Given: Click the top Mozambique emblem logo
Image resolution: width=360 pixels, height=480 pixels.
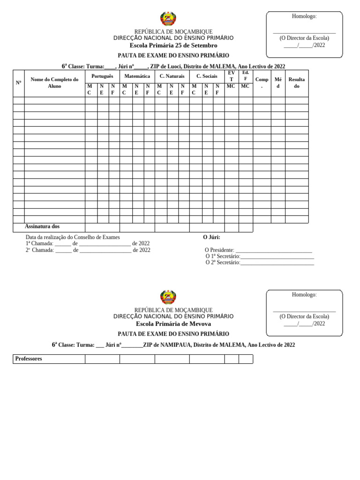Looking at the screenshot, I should (x=168, y=19).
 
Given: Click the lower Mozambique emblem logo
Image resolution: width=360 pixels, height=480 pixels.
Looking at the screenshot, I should (x=168, y=297).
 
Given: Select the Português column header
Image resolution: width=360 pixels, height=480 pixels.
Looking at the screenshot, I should (x=102, y=76).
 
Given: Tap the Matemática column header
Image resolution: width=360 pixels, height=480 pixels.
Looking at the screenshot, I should (x=137, y=76).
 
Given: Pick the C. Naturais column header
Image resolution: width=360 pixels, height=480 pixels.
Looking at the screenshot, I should (x=172, y=76).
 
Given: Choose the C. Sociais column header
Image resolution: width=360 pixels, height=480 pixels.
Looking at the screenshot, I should (x=207, y=76).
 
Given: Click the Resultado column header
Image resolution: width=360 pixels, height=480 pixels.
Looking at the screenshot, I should (x=296, y=82).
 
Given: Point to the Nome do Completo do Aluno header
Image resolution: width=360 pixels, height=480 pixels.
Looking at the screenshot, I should (x=54, y=82).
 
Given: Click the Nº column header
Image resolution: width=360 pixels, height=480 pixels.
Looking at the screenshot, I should (x=19, y=82).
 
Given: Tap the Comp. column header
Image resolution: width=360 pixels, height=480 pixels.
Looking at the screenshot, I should (x=262, y=82).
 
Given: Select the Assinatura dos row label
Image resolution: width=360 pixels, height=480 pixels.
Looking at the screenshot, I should (x=42, y=226).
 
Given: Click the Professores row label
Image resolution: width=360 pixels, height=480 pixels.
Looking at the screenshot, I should (x=29, y=359).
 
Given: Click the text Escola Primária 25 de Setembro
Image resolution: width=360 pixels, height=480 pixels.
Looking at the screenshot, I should (x=176, y=45).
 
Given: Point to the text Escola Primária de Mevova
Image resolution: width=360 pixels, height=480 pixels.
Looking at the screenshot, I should (x=173, y=324).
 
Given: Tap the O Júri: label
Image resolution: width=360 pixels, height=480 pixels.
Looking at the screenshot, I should (x=211, y=237).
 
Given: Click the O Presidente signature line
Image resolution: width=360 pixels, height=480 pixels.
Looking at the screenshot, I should (x=273, y=250).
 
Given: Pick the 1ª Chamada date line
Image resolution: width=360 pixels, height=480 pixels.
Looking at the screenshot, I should (x=87, y=244).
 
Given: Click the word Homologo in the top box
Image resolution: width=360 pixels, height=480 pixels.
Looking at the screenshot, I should (x=304, y=16).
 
